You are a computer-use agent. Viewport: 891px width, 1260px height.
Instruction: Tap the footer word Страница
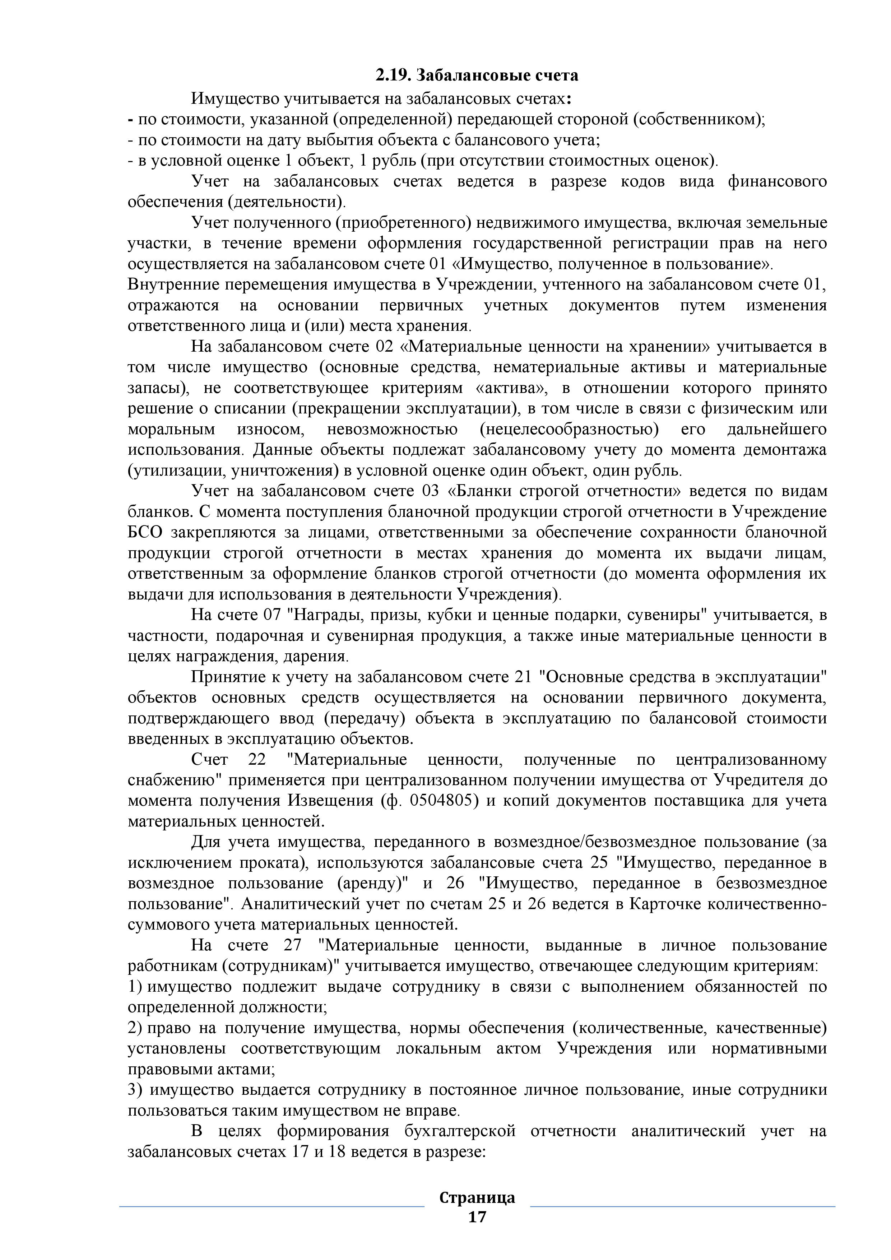tap(477, 1198)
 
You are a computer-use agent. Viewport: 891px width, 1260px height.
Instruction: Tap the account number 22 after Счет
tap(257, 760)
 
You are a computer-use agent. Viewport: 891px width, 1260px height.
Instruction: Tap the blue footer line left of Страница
tap(272, 1206)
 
